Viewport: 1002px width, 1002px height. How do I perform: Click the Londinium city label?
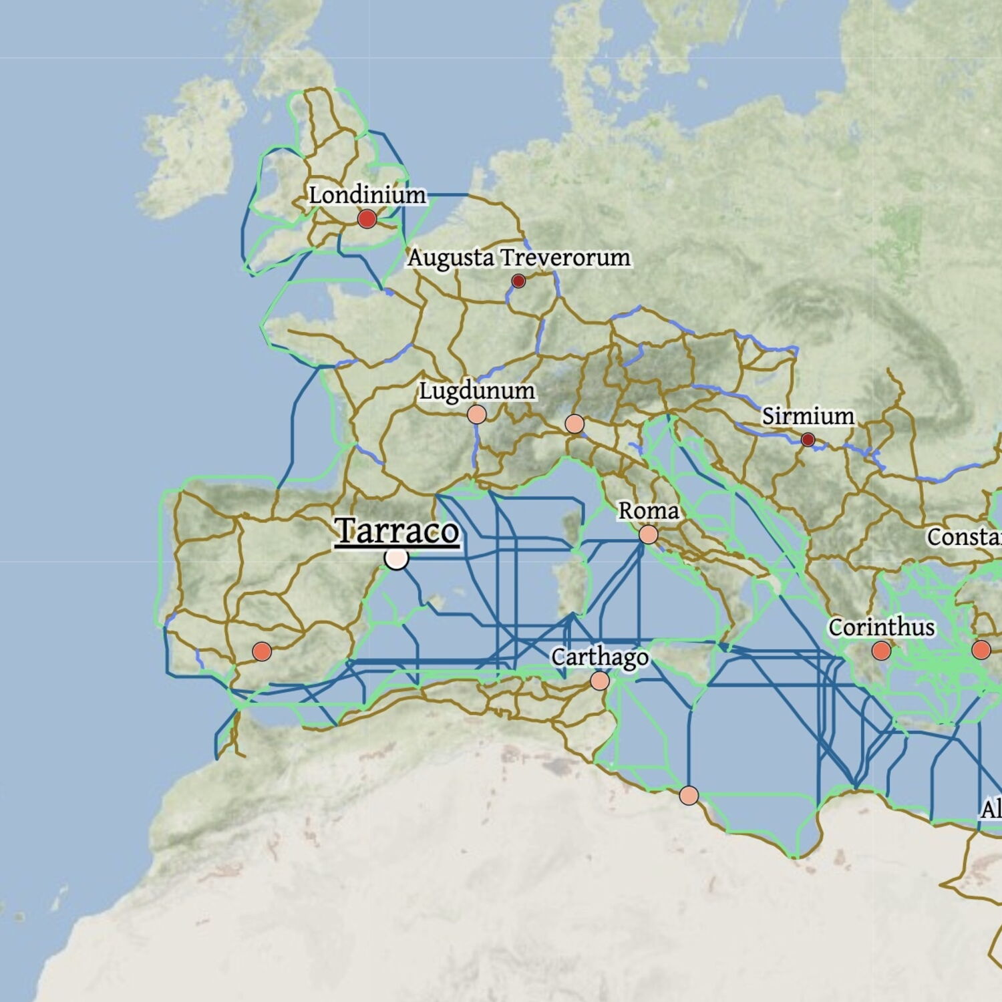[367, 195]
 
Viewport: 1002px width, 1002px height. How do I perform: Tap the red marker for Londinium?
[367, 218]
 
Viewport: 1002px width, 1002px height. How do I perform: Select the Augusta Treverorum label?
[518, 257]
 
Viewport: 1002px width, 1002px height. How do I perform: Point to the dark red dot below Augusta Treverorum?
[518, 281]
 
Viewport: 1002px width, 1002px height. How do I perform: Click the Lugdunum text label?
[476, 391]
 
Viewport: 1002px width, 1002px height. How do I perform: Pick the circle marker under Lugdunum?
[476, 414]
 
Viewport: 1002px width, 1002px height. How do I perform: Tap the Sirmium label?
[808, 416]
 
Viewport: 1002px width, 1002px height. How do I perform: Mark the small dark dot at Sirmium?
[808, 440]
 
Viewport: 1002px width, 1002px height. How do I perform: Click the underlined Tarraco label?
[397, 532]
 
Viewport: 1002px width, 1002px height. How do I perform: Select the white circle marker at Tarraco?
[397, 558]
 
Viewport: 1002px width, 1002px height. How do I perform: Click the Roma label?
[648, 511]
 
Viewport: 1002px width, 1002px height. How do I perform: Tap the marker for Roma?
[648, 534]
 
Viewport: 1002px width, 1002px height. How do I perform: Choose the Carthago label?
[599, 657]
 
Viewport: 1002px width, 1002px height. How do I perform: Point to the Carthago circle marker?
[599, 681]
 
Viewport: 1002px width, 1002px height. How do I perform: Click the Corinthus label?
[881, 627]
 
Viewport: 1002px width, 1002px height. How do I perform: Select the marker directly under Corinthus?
[881, 651]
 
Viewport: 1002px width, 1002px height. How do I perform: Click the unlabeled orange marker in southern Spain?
[262, 651]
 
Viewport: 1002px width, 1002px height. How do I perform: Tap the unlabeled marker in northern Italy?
[574, 424]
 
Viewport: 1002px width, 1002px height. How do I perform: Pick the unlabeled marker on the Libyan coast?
[689, 796]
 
